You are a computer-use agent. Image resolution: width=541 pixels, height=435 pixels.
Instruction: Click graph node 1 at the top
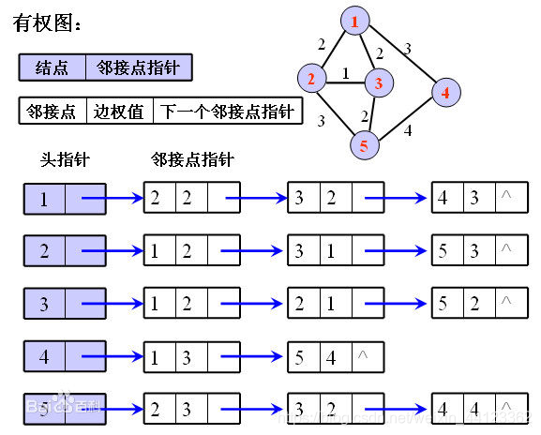353,20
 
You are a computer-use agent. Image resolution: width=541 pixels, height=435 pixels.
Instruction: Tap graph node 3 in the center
377,83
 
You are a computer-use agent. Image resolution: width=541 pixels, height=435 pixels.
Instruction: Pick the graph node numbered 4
445,92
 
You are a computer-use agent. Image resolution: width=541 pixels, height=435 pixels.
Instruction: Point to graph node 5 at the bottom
364,145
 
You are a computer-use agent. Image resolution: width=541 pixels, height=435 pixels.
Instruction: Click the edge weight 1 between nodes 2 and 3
345,71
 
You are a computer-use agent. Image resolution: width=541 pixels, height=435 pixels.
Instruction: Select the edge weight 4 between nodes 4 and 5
408,130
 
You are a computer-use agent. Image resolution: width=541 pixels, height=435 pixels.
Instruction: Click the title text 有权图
47,23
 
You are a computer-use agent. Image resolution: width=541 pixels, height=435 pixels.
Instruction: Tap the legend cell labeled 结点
52,67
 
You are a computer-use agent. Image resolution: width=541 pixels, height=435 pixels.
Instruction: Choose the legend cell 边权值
119,112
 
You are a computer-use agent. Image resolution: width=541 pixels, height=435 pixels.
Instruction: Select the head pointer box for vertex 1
65,198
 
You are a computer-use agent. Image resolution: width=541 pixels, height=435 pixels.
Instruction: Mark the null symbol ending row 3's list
506,303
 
